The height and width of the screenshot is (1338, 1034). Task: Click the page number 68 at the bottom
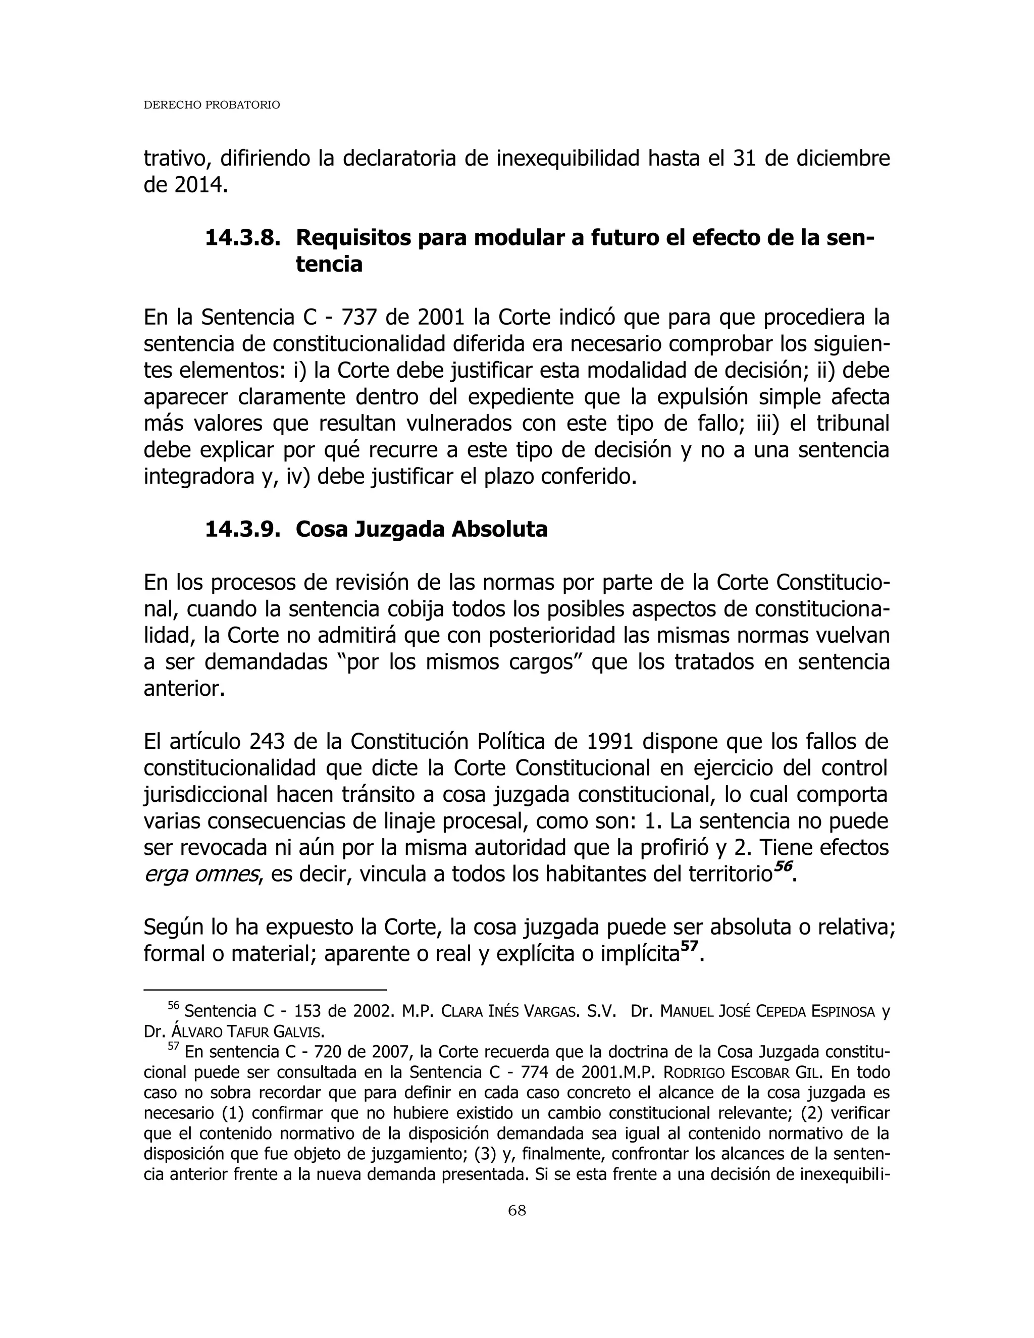(517, 1210)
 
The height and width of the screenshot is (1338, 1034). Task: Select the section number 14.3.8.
(242, 238)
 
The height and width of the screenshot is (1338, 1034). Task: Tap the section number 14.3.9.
(242, 529)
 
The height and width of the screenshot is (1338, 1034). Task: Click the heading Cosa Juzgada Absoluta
(422, 529)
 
